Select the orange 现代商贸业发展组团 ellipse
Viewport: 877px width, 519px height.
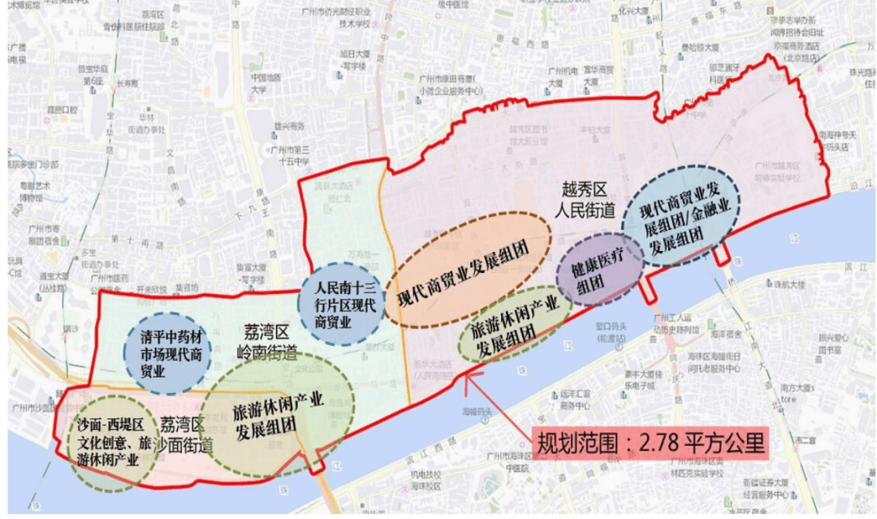pyautogui.click(x=468, y=269)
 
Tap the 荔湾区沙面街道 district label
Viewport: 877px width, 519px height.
pyautogui.click(x=186, y=433)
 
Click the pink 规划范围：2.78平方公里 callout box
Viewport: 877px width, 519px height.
pyautogui.click(x=650, y=443)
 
